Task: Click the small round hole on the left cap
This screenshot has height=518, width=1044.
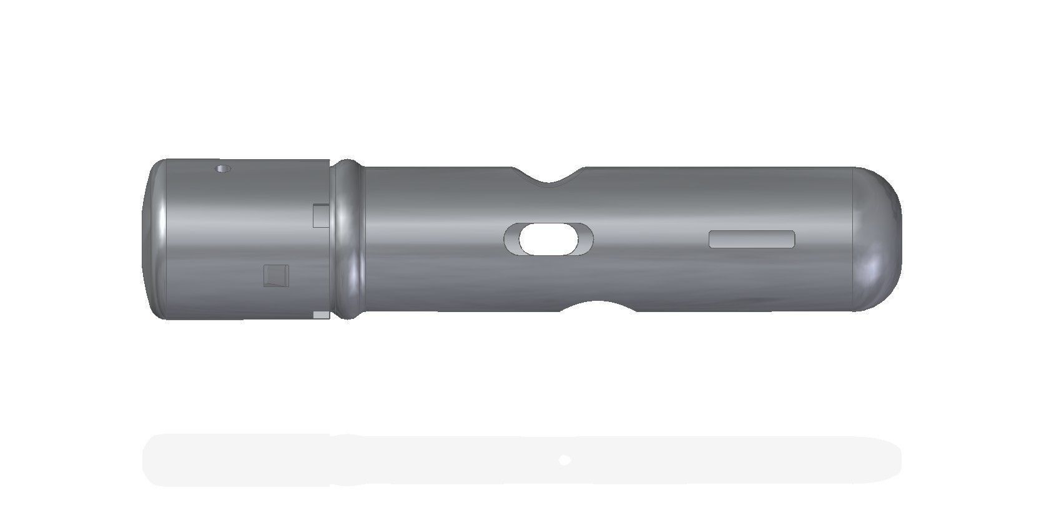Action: click(222, 169)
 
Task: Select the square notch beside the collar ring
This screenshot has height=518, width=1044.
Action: click(320, 215)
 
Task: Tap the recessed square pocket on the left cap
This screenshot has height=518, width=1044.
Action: click(276, 275)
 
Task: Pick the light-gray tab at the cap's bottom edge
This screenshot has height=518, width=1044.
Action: click(321, 315)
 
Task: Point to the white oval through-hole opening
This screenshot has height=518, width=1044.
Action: click(546, 240)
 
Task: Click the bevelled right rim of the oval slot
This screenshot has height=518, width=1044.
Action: click(586, 239)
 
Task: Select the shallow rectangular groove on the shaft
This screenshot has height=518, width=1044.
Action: click(752, 239)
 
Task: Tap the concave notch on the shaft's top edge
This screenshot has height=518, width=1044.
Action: click(549, 179)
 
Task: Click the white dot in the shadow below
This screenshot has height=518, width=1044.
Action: click(565, 461)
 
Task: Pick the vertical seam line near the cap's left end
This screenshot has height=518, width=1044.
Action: click(167, 240)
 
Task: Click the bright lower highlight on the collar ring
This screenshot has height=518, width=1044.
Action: click(358, 281)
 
